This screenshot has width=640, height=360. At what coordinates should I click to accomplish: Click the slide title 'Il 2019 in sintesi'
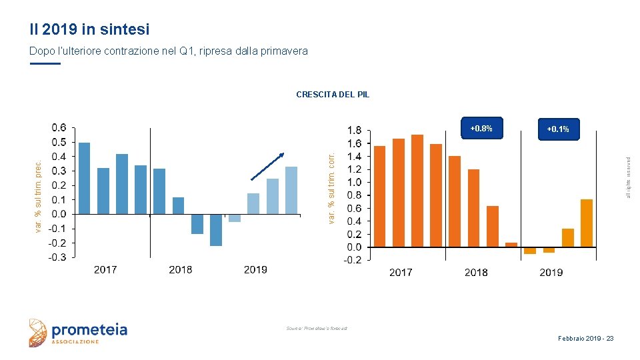[89, 29]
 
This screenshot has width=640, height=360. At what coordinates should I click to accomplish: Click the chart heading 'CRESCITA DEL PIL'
[333, 95]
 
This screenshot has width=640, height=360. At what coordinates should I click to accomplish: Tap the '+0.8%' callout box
[481, 129]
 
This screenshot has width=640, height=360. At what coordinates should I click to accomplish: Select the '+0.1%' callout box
[558, 129]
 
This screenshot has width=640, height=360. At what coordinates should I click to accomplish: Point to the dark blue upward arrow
[267, 166]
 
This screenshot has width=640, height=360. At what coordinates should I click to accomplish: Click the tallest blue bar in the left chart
[85, 178]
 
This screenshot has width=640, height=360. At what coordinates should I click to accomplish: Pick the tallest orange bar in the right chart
[417, 191]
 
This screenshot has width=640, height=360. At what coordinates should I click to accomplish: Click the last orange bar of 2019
[587, 223]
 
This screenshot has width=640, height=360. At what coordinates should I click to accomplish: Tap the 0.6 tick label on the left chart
[59, 127]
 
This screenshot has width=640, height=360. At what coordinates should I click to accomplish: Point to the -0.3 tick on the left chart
[57, 257]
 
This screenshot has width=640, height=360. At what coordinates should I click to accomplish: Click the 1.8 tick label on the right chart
[354, 131]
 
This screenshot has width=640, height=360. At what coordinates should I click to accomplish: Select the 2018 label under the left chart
[180, 270]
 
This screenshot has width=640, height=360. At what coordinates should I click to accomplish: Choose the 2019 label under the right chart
[551, 272]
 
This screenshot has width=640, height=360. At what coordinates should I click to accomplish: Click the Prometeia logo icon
[39, 333]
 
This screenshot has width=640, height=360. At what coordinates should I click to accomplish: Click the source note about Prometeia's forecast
[317, 328]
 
